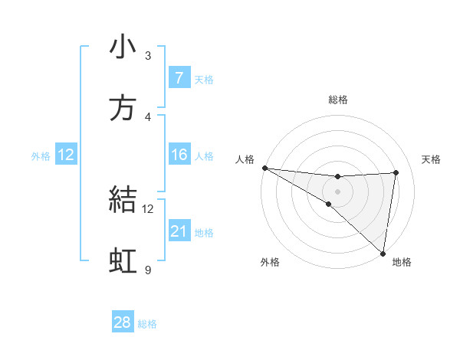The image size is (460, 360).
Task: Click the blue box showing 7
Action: [179, 77]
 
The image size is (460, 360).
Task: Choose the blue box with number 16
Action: [179, 155]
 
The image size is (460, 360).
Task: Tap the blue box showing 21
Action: [179, 231]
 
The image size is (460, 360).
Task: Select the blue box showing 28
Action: [123, 322]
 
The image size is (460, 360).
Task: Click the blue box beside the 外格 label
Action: [66, 155]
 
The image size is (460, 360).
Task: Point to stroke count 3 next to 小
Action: [148, 56]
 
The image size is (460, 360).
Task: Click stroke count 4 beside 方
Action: [148, 117]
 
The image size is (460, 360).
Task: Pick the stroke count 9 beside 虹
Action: [148, 270]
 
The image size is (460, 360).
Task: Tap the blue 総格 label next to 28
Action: [147, 324]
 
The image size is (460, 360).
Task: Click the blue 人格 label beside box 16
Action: [204, 156]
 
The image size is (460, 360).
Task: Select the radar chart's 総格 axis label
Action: [338, 100]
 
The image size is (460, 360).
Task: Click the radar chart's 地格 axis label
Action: [402, 263]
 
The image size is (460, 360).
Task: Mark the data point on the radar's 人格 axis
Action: [264, 168]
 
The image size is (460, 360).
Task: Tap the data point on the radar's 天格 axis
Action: [396, 172]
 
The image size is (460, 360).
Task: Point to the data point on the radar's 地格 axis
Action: [383, 254]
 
